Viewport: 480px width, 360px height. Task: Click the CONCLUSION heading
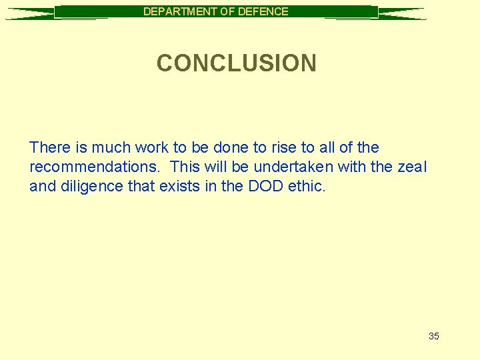click(237, 63)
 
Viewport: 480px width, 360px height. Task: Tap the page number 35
click(433, 336)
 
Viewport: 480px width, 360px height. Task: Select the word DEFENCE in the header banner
click(263, 11)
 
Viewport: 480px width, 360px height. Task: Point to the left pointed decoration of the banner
click(30, 13)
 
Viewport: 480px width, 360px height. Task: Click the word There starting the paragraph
click(49, 147)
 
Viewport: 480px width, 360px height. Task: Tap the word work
click(151, 147)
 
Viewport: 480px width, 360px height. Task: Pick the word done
click(230, 147)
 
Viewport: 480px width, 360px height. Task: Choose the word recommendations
click(91, 167)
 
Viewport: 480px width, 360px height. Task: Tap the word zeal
click(411, 167)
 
